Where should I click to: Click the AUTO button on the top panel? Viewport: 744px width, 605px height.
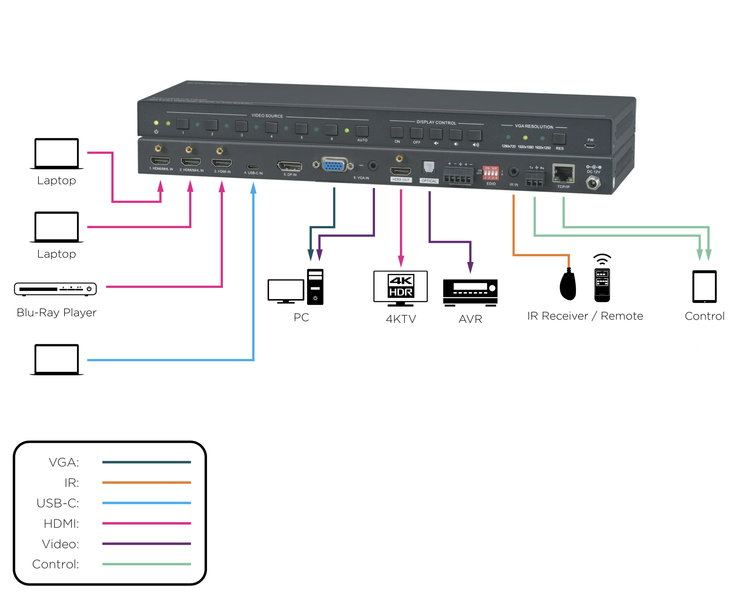pos(361,131)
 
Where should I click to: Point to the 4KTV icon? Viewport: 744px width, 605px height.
pos(400,288)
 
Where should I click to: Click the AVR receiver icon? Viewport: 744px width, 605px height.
pos(470,292)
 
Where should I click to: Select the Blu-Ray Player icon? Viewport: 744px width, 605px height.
pos(55,289)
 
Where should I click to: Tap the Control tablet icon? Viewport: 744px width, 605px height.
pos(704,287)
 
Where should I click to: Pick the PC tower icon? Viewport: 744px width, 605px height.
pos(315,287)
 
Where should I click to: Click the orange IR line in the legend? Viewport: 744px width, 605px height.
pos(146,482)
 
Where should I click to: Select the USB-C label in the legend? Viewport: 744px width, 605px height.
pos(58,503)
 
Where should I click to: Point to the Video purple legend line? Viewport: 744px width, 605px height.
pos(146,543)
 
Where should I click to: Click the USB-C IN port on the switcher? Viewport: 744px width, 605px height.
pos(253,167)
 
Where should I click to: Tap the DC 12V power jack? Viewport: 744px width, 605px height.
pos(593,182)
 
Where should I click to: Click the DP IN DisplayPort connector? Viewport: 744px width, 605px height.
pos(289,166)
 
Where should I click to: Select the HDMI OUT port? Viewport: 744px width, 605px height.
pos(400,171)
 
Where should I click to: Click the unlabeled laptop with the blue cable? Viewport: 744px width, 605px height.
pos(56,359)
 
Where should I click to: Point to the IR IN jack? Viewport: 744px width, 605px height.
pos(513,172)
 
